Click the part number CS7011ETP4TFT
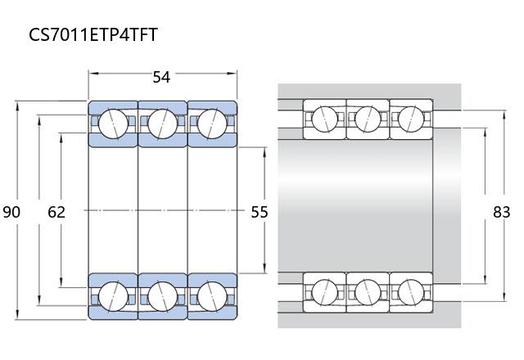point(93,34)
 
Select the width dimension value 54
point(161,77)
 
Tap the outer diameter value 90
point(11,212)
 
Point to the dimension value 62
point(56,212)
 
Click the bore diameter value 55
point(260,212)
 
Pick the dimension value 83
point(502,212)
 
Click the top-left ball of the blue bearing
point(113,124)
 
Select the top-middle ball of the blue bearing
point(163,124)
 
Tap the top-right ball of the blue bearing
point(212,124)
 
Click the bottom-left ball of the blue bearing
point(113,296)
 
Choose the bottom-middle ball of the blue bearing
point(163,296)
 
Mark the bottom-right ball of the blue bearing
point(212,296)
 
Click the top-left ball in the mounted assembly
point(324,119)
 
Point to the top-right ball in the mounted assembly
point(411,119)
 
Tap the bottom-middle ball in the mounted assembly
point(368,292)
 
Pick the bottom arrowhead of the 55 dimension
point(264,268)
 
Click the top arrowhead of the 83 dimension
point(504,115)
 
